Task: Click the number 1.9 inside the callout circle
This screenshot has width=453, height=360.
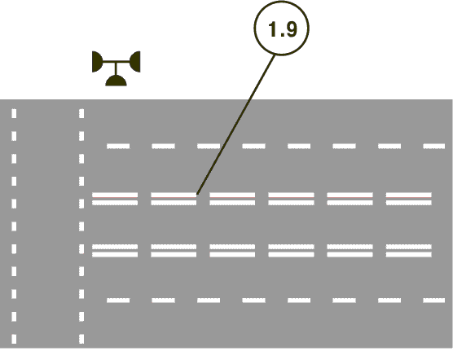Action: click(283, 29)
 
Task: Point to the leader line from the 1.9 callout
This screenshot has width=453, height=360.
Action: click(235, 125)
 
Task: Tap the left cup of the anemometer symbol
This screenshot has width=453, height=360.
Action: click(97, 62)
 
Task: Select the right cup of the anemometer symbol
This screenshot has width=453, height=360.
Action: click(135, 62)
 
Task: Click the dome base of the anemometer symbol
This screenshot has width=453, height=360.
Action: click(117, 81)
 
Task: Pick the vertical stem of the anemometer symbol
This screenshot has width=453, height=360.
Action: click(117, 68)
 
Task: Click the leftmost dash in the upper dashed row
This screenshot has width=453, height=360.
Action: click(118, 146)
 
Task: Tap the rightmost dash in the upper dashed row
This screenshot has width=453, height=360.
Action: click(434, 146)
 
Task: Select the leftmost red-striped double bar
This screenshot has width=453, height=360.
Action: click(115, 199)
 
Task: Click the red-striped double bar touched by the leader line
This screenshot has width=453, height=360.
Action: click(174, 199)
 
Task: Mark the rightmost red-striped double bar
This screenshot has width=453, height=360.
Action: click(409, 199)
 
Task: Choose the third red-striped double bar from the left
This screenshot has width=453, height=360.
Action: click(232, 199)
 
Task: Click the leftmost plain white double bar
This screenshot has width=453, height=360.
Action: click(115, 251)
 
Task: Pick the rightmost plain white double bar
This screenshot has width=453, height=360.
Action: click(409, 251)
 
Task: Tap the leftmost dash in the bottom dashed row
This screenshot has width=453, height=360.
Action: click(118, 301)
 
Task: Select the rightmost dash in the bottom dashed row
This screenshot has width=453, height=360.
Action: click(434, 301)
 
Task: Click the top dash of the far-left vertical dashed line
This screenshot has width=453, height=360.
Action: click(14, 113)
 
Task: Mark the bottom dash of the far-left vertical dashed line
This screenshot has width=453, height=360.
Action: click(14, 339)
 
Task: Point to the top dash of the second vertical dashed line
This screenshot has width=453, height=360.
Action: click(81, 113)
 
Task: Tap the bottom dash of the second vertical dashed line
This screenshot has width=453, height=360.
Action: click(81, 339)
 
